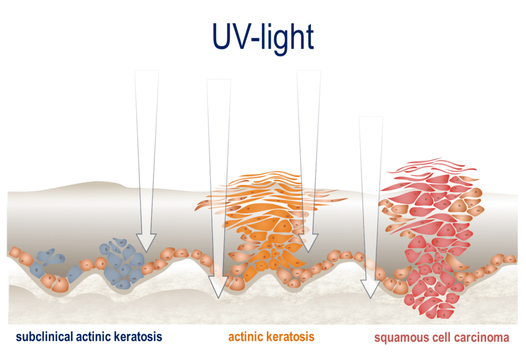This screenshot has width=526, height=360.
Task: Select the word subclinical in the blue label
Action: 44,337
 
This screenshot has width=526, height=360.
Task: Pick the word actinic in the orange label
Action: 246,337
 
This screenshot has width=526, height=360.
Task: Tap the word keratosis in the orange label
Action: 291,337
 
